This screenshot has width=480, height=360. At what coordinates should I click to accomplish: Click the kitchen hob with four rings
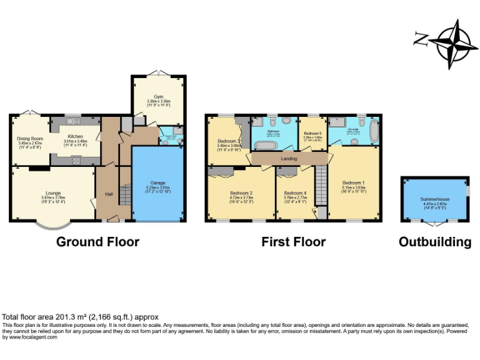[76, 161]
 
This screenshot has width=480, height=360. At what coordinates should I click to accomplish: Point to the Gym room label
[158, 97]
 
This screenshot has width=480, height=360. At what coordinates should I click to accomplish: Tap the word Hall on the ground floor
[109, 194]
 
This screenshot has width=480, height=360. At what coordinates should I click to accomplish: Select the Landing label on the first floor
[289, 159]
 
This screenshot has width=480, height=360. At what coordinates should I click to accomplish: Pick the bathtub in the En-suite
[374, 131]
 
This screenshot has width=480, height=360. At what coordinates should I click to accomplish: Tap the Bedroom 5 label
[312, 134]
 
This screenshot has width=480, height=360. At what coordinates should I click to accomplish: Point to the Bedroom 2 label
[241, 193]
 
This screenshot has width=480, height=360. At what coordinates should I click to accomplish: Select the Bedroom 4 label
[294, 193]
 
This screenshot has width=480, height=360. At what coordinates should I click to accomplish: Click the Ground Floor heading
[97, 242]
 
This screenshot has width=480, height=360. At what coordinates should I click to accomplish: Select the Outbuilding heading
[435, 242]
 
